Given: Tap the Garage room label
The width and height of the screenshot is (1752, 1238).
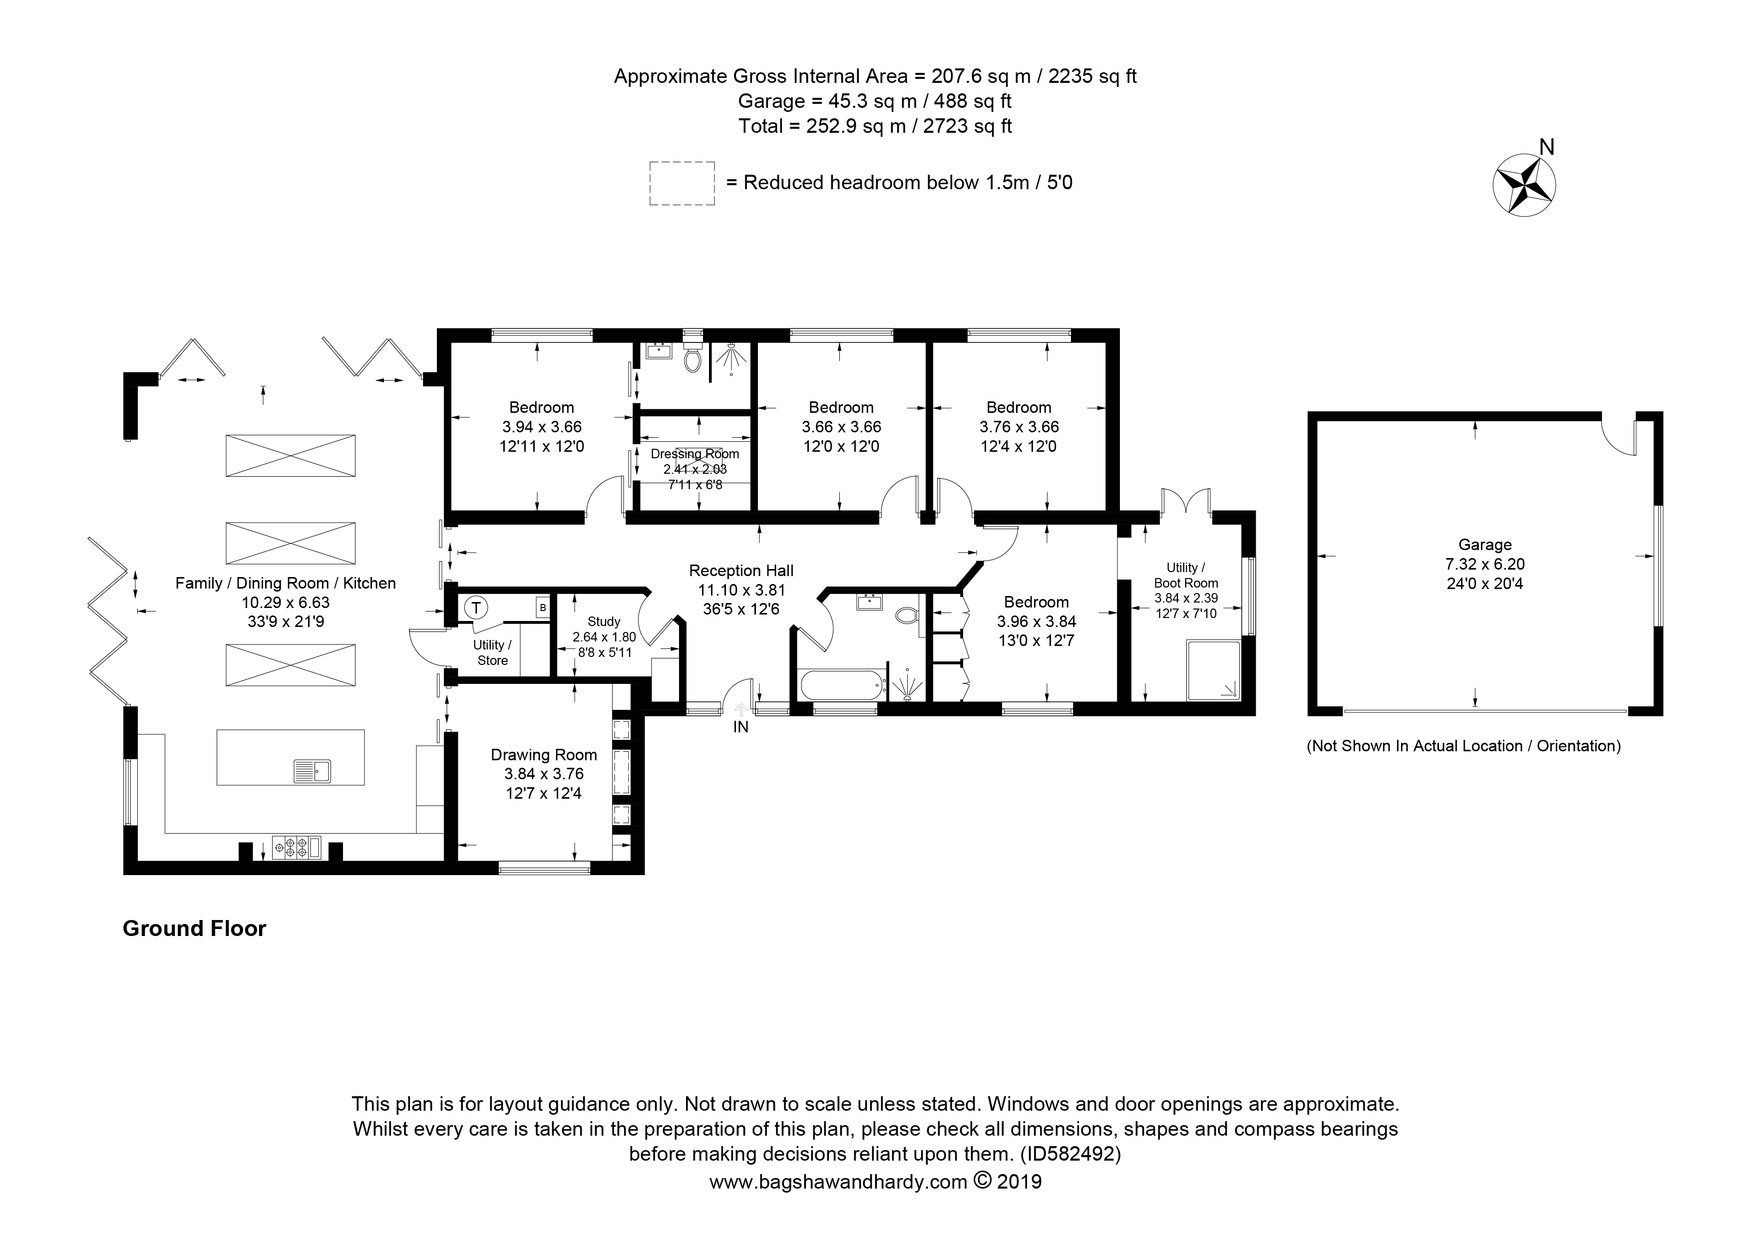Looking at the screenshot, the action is point(1485,545).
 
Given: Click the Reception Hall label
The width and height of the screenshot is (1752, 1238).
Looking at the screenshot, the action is point(741,571).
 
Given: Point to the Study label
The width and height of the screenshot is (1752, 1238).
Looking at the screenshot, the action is point(604,621).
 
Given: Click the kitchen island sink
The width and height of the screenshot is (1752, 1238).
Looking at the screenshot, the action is point(312,771).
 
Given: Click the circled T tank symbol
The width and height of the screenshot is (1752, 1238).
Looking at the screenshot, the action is point(477,608).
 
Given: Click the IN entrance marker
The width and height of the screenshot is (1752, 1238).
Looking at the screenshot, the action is point(741,727).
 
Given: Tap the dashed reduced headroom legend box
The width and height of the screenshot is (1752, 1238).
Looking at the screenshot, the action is point(682,183).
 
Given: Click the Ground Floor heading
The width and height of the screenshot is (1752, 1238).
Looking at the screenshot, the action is point(195,928).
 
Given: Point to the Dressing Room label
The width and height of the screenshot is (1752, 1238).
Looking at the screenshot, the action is point(695,454).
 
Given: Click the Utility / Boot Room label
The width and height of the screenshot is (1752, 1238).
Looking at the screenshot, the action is point(1186,575).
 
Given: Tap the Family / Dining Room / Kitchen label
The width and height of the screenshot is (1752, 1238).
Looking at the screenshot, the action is point(286,584).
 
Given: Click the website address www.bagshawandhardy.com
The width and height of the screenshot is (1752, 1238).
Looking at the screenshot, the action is point(839,1182).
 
